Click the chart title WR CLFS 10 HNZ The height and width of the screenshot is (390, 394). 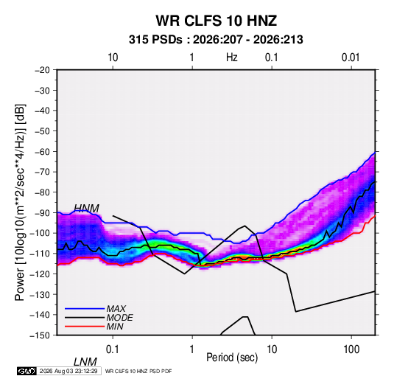coord(216,21)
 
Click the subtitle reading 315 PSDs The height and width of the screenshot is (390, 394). coord(155,40)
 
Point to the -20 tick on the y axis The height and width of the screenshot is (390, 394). coord(42,70)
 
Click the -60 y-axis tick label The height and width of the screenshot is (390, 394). coord(42,151)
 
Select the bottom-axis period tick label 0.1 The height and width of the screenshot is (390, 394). coord(113,349)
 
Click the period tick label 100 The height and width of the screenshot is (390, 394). coord(351,349)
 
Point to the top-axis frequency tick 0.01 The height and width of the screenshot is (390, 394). coord(351,58)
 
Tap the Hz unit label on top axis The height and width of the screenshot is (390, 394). coord(232,58)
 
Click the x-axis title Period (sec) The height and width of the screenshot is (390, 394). coord(232,358)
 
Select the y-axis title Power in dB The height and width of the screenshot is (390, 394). coord(20,202)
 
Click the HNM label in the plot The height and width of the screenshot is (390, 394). coord(86,209)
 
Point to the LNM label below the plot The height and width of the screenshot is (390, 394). coord(85,362)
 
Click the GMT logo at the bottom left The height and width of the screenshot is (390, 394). coord(27,371)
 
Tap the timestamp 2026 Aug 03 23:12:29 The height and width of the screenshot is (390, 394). coord(68,371)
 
